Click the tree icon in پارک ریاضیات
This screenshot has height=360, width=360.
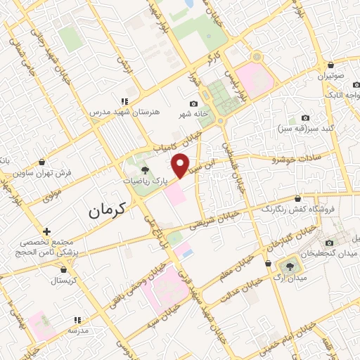145,169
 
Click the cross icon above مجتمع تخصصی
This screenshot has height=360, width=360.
46,231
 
